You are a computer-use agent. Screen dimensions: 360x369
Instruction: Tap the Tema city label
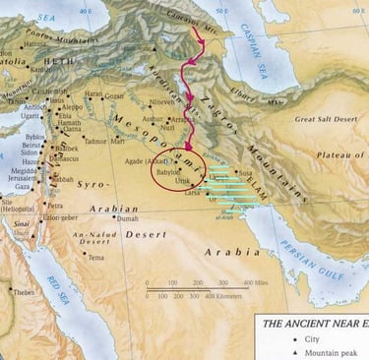[x=95, y=258]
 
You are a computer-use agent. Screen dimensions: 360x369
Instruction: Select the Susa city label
[x=244, y=171]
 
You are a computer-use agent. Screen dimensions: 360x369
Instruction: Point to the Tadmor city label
[x=97, y=141]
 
